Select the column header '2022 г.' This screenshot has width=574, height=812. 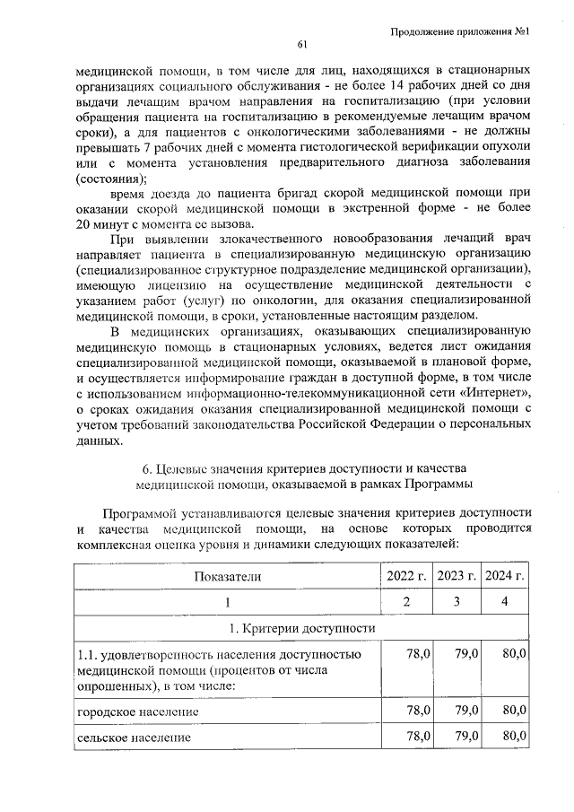[x=405, y=575]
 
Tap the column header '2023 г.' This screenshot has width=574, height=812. [x=455, y=575]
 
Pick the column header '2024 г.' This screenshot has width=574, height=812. [x=503, y=575]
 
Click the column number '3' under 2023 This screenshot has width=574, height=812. [x=455, y=601]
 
